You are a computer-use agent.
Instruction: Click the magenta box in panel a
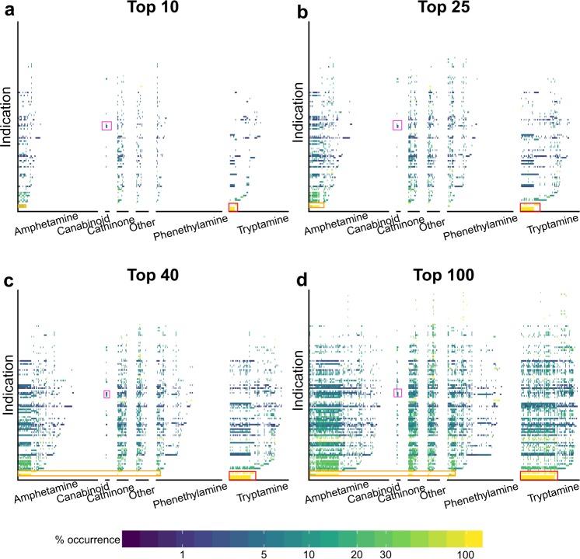pyautogui.click(x=107, y=126)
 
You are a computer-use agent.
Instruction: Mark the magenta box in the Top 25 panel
pyautogui.click(x=397, y=125)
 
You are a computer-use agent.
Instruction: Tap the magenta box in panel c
pyautogui.click(x=107, y=394)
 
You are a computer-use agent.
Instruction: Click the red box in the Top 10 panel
pyautogui.click(x=233, y=207)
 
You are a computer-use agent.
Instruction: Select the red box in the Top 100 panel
pyautogui.click(x=539, y=476)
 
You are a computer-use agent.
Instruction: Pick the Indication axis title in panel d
pyautogui.click(x=299, y=378)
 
